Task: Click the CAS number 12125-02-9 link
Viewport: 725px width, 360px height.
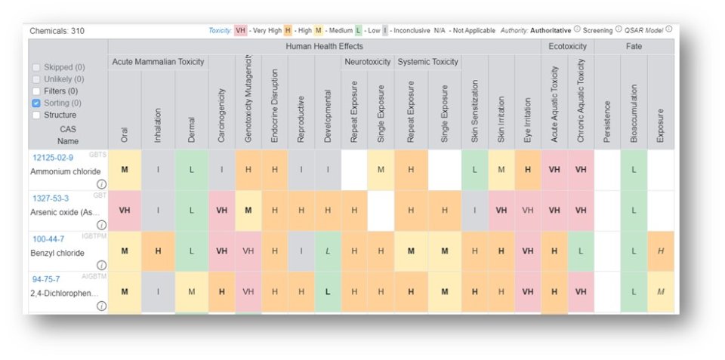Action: tap(53, 157)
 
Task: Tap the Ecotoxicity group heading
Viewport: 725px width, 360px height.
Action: tap(567, 47)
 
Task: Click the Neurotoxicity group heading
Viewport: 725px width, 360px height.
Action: tap(367, 61)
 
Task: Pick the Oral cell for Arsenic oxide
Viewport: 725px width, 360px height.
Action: tap(124, 211)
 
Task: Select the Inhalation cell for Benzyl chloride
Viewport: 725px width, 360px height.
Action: tap(158, 251)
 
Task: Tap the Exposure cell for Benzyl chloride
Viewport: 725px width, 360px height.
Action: tap(661, 251)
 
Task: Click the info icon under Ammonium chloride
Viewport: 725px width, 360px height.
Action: tap(101, 183)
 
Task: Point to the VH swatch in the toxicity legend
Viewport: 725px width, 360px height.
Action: tap(241, 30)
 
